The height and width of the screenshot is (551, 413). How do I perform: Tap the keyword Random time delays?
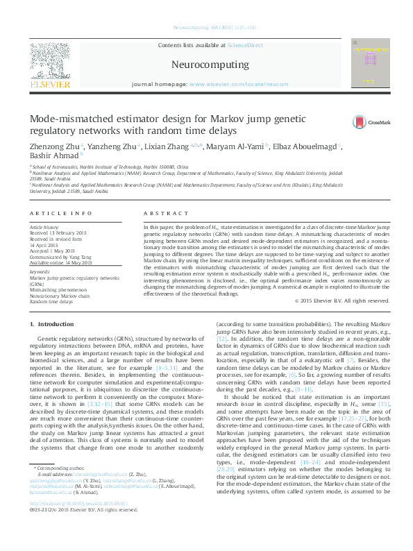51,302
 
